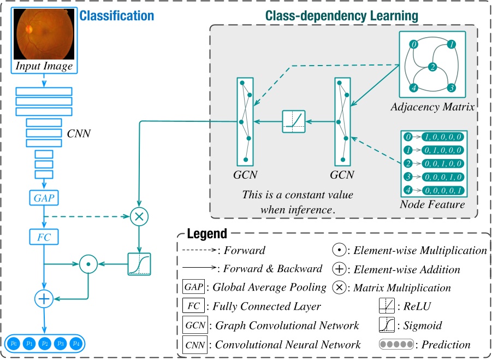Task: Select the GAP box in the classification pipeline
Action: (x=44, y=198)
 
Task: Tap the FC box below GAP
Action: (x=44, y=237)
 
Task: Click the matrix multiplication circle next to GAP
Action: (x=140, y=216)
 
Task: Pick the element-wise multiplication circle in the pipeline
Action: (x=88, y=264)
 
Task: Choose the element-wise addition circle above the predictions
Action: (x=44, y=298)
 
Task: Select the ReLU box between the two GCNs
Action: (x=294, y=121)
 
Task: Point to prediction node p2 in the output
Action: (x=45, y=344)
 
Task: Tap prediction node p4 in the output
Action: (x=76, y=344)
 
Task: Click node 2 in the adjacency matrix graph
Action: (x=432, y=68)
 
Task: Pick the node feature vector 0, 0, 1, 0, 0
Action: (x=443, y=163)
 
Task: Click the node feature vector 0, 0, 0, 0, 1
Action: (x=443, y=190)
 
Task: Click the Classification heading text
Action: (x=117, y=15)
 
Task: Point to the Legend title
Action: (x=207, y=234)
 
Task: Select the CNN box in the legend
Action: (x=195, y=345)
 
